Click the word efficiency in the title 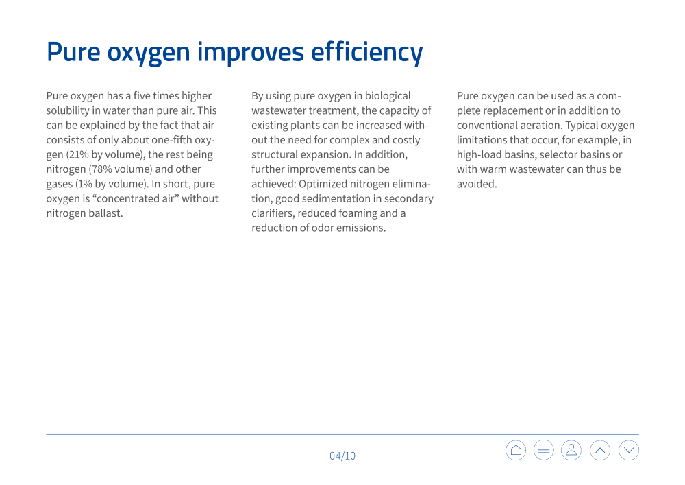coord(367,53)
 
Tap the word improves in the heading coord(250,53)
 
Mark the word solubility coord(68,111)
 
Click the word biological coord(388,96)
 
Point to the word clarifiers coord(273,213)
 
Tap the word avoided coord(477,184)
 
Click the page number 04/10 coord(342,456)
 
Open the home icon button coord(516,450)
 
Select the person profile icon coord(571,450)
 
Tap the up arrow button coord(600,450)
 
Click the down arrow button coord(629,450)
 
